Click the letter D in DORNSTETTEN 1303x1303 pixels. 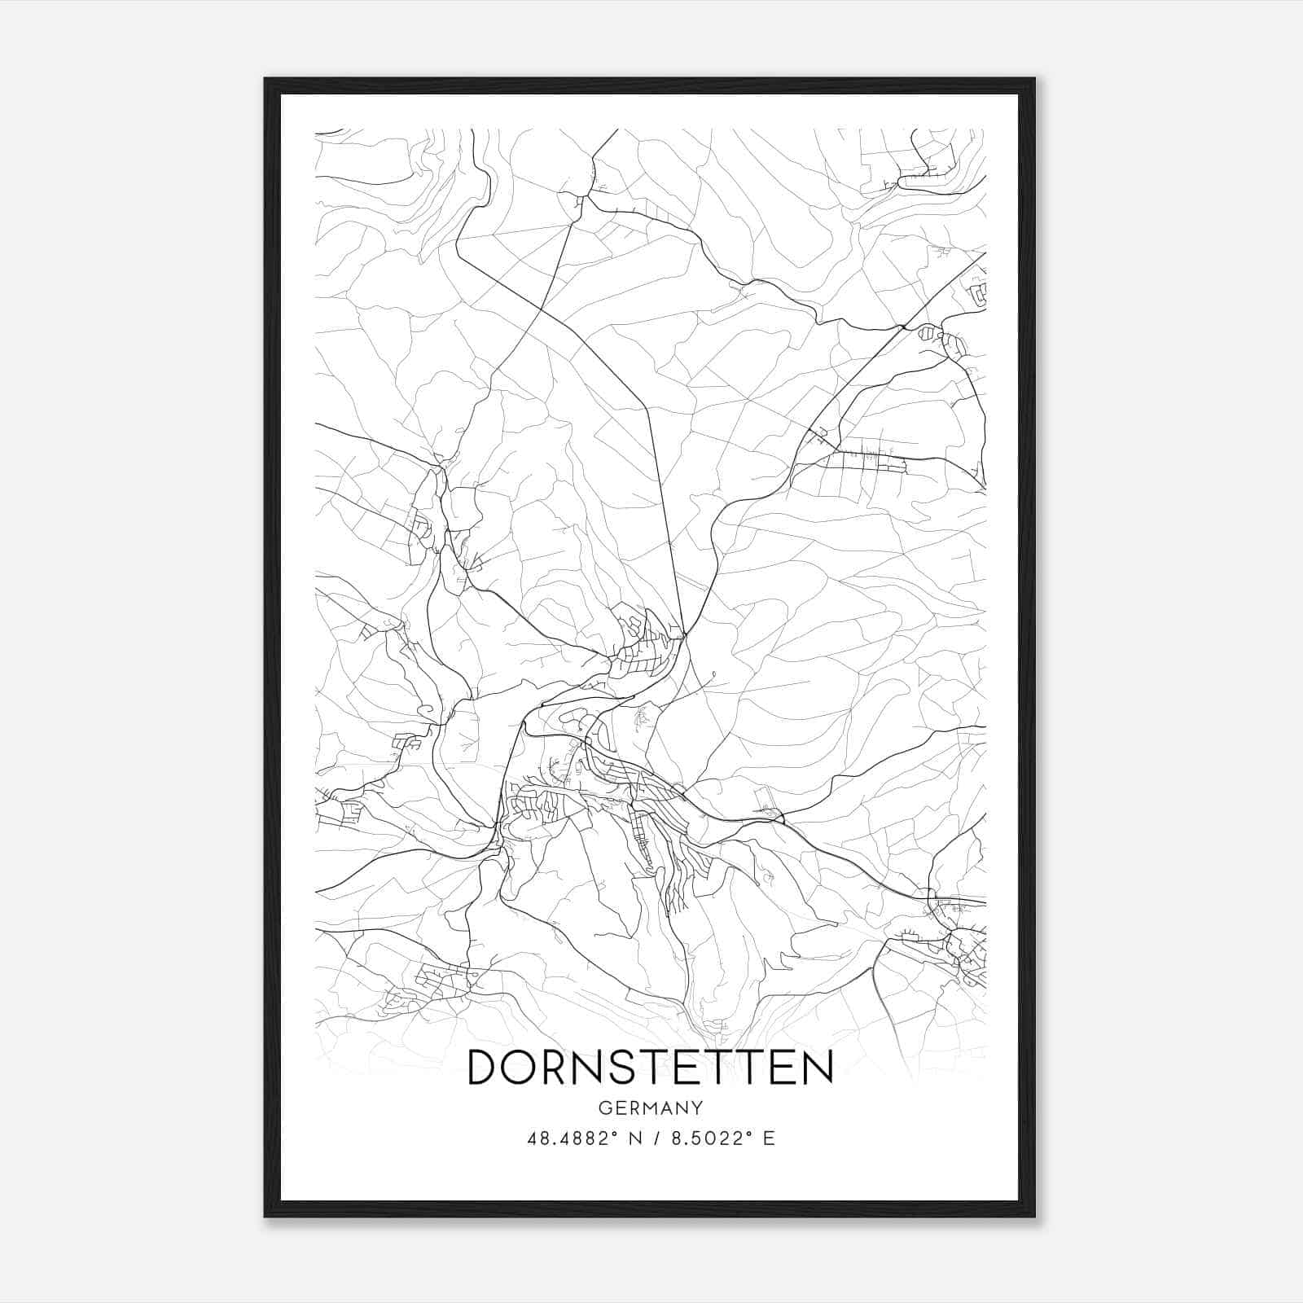(x=487, y=1067)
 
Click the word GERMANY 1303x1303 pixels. (x=651, y=1108)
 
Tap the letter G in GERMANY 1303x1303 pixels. (x=604, y=1108)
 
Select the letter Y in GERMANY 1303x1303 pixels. (x=698, y=1108)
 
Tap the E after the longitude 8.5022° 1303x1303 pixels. (x=769, y=1138)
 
